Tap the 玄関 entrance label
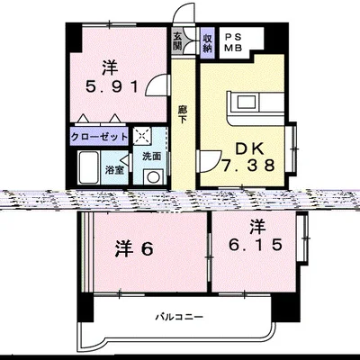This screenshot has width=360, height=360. pos(179,42)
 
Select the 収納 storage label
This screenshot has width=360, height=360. pos(206,42)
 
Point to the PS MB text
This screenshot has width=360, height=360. pos(233,42)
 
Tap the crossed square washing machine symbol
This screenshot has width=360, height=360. pos(142,137)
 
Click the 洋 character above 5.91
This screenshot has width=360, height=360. pos(109,67)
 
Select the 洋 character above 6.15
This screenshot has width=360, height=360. pos(257,225)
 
